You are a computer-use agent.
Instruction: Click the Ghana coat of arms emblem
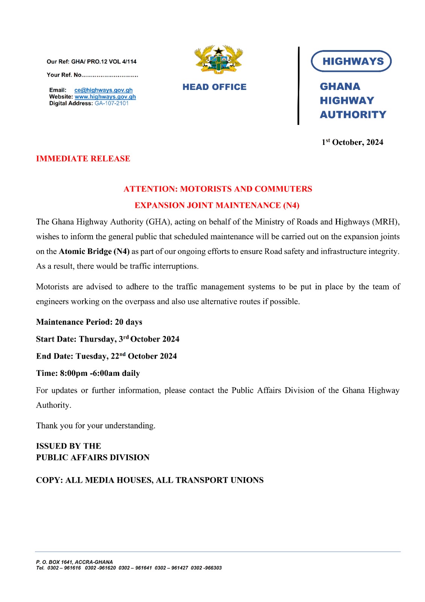tap(218, 59)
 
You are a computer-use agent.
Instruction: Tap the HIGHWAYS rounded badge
tap(351, 61)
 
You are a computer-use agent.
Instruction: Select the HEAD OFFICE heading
tap(214, 87)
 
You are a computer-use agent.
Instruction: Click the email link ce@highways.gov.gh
tap(103, 90)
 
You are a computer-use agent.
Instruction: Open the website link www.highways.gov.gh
tap(105, 97)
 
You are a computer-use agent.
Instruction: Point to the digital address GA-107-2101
tap(112, 103)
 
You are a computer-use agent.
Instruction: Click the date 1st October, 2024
tap(352, 142)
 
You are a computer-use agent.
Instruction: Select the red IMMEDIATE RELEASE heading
tap(83, 158)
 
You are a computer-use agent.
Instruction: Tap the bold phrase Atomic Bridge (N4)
tap(94, 251)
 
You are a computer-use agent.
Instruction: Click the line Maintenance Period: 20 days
tap(89, 322)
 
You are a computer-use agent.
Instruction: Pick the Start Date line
tap(108, 339)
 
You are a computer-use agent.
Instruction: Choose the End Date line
tap(106, 356)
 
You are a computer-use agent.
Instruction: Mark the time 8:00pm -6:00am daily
tap(100, 373)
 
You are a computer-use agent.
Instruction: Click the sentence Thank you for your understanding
tap(96, 426)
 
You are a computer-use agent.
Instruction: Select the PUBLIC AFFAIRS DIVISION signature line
tap(93, 458)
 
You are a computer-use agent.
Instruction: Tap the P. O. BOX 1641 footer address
tap(74, 562)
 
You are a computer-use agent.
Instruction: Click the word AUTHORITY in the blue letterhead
tap(353, 114)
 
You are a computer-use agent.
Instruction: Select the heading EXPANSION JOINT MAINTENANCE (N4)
tap(217, 205)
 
